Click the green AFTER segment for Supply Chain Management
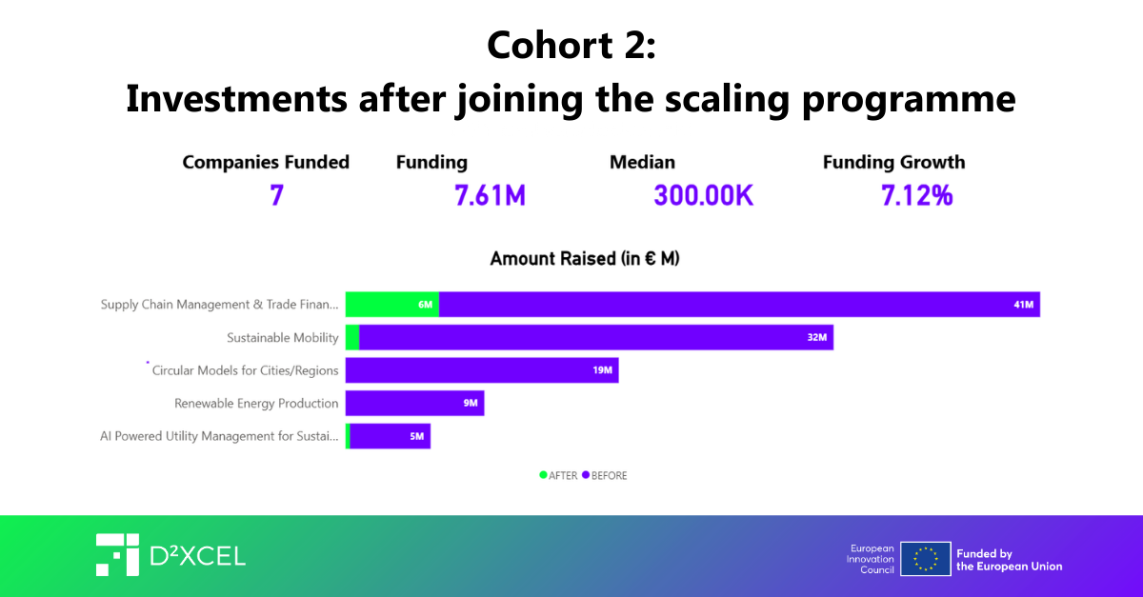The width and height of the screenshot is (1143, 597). tap(391, 305)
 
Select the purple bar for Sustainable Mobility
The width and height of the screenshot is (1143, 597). tap(595, 337)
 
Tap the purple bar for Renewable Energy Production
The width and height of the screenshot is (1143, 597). tap(414, 403)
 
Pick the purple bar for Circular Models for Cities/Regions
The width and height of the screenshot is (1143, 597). tap(481, 370)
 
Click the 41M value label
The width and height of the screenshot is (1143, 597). tap(1023, 305)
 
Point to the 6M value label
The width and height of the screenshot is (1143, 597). tap(425, 305)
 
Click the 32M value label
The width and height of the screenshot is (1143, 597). tap(816, 337)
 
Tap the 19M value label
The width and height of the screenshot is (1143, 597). tap(602, 370)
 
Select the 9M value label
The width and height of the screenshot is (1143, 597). tap(471, 403)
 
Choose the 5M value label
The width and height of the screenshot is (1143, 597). tap(416, 436)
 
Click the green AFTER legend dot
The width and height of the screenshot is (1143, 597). tap(543, 474)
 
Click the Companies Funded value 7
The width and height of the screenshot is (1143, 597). tap(276, 196)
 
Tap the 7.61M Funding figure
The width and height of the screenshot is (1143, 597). tap(490, 196)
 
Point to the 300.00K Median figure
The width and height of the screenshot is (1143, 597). tap(704, 196)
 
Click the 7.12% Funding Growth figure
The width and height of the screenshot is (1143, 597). tap(916, 196)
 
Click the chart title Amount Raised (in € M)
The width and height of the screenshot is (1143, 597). tap(585, 258)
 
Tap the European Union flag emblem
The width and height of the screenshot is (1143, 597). tap(925, 559)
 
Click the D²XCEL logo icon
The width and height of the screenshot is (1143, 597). tap(117, 555)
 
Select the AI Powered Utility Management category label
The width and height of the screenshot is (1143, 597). tap(219, 436)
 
